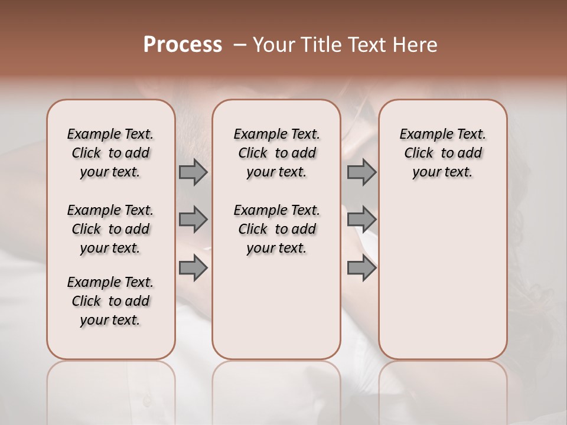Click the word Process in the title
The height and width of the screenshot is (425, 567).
click(183, 45)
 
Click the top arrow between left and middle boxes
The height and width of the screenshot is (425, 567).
click(193, 172)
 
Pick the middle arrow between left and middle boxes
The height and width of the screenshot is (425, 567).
click(193, 220)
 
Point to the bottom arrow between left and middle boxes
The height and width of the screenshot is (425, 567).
click(193, 268)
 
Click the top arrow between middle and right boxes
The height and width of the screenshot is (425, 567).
click(361, 172)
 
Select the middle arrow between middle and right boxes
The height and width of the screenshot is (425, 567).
click(361, 220)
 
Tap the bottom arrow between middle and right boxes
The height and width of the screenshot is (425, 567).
click(361, 268)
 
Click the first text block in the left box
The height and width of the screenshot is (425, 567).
click(110, 153)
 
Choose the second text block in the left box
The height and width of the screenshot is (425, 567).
click(110, 229)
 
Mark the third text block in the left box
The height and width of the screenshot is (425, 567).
click(110, 301)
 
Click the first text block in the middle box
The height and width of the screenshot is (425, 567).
click(276, 153)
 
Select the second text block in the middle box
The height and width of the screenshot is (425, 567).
click(276, 229)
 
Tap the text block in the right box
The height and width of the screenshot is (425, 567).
click(442, 153)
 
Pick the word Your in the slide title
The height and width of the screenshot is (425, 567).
click(273, 45)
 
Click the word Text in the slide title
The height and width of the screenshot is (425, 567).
click(367, 45)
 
